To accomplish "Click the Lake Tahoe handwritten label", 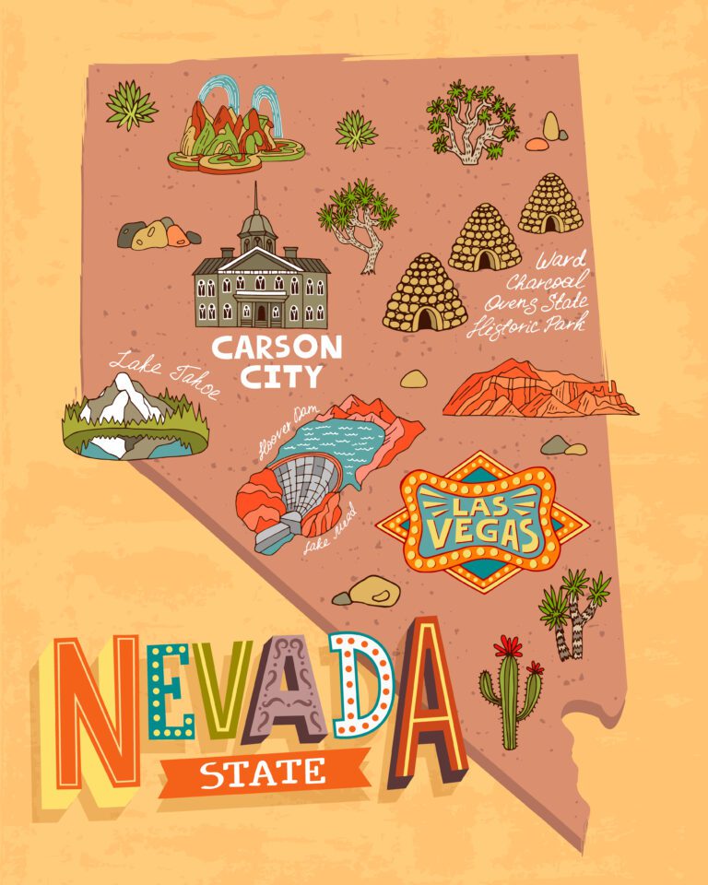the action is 167,372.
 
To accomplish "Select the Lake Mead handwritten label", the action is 330,534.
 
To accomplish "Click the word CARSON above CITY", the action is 277,348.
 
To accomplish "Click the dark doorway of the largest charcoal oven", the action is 427,318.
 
